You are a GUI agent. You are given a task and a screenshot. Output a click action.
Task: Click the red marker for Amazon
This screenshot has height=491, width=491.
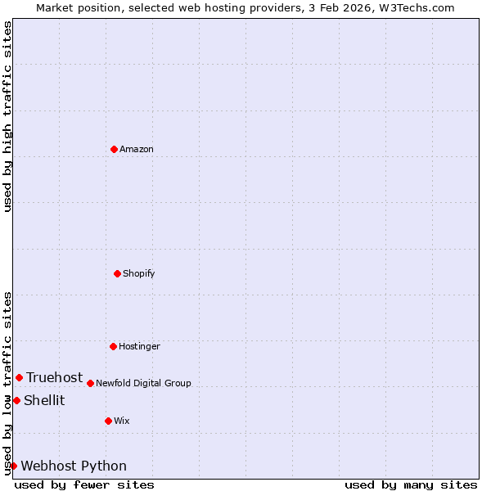click(x=114, y=149)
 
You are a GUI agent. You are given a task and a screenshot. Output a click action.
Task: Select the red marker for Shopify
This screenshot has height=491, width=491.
click(x=117, y=273)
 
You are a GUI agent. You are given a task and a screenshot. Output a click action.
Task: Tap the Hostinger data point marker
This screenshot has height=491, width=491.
click(x=113, y=346)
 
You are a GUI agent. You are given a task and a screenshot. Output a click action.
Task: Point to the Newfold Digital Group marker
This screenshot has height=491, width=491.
click(x=90, y=383)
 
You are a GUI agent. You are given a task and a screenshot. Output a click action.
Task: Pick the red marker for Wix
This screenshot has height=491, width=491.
click(x=108, y=421)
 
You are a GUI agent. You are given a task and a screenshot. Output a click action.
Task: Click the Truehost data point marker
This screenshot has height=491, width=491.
click(x=19, y=377)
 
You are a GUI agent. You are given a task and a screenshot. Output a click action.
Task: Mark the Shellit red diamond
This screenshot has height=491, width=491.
click(x=16, y=400)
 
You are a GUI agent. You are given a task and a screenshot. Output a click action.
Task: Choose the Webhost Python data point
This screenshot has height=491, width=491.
click(x=13, y=466)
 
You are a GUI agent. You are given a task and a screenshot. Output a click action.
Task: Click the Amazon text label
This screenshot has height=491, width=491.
click(x=137, y=149)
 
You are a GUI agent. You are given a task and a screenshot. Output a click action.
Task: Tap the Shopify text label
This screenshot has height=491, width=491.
click(x=139, y=273)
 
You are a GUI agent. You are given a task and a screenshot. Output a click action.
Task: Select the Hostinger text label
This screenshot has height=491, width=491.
click(x=139, y=346)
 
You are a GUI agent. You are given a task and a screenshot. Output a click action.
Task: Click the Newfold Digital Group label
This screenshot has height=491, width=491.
click(x=143, y=383)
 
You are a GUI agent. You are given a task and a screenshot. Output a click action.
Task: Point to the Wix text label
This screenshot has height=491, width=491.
click(x=122, y=421)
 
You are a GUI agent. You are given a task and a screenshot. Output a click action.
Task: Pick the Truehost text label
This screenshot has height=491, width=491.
click(x=54, y=377)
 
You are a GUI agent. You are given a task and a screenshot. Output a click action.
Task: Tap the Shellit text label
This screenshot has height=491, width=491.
click(x=44, y=400)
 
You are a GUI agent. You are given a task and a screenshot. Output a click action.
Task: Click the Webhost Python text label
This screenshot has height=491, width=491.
click(x=74, y=466)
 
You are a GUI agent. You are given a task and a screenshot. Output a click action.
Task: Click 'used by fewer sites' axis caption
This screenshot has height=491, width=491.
click(x=84, y=484)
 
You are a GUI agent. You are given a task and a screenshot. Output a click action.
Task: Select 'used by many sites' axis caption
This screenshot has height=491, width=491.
click(x=411, y=484)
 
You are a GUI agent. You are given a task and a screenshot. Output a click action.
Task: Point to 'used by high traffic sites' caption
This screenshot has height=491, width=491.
click(x=7, y=116)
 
